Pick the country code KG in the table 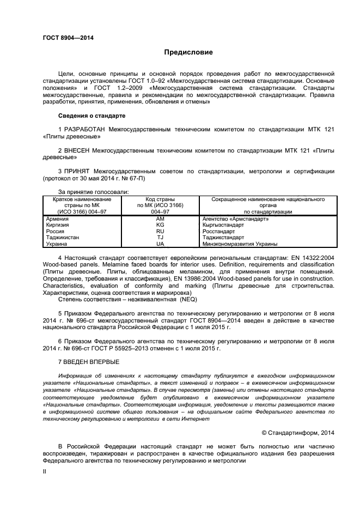click(x=160, y=225)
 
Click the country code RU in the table click(x=160, y=232)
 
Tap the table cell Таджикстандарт click(x=223, y=238)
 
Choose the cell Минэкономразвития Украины click(x=240, y=244)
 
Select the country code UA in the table click(x=160, y=244)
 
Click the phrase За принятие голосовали click(x=93, y=192)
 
